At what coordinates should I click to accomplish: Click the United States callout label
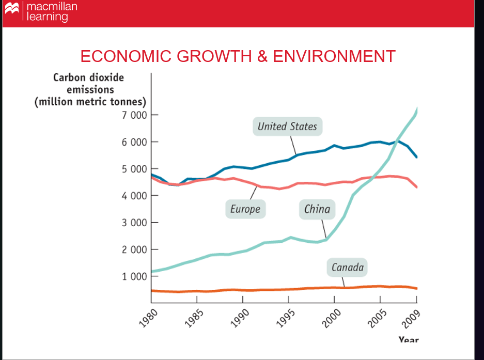(287, 127)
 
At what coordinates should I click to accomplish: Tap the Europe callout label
(245, 209)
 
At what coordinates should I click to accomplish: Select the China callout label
(317, 209)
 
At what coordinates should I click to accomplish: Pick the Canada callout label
(347, 268)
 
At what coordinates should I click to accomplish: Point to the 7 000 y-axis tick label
(134, 115)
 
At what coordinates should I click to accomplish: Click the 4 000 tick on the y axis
(134, 196)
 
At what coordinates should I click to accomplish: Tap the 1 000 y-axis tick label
(134, 276)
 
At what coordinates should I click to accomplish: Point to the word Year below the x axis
(408, 340)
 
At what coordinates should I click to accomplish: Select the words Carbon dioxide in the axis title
(88, 78)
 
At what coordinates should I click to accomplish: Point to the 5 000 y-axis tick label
(134, 169)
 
